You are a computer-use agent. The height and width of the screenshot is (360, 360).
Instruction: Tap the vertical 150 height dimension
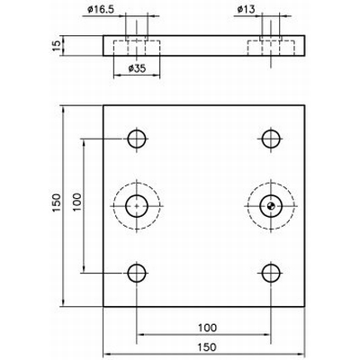pos(56,205)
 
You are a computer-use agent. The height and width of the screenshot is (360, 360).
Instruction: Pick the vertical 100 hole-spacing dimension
pos(77,205)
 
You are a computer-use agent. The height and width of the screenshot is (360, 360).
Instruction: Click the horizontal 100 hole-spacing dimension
pos(204,328)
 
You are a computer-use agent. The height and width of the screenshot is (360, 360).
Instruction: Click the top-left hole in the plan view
pos(137,139)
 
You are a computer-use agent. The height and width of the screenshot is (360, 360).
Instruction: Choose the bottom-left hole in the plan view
pos(137,274)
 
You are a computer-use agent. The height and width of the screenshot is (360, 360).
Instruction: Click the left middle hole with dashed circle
pos(137,206)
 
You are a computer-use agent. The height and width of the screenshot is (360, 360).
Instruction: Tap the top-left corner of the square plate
pos(103,105)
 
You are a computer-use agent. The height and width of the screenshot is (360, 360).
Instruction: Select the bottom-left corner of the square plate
pos(103,307)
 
